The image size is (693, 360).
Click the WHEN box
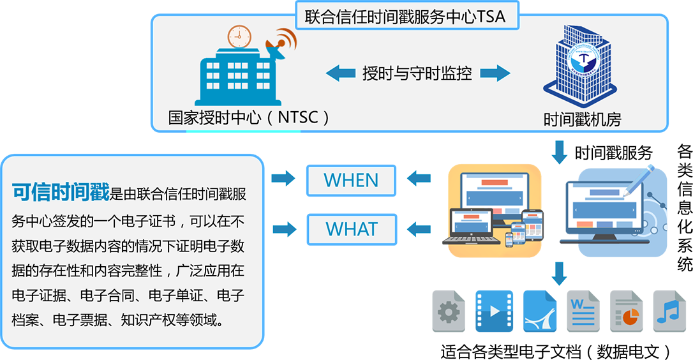point(352,181)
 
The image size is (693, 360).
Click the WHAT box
point(352,230)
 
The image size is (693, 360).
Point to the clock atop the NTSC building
point(239,36)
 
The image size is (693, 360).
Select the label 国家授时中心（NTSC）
point(249,117)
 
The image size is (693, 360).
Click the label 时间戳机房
point(582,119)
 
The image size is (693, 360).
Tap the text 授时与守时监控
point(417,73)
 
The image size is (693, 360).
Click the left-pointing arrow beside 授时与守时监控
point(340,73)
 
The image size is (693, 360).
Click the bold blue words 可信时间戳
point(61,192)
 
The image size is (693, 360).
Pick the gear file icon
point(449,311)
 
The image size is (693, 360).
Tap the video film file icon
point(494,311)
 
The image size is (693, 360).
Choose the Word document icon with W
point(583,311)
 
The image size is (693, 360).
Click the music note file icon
point(669,311)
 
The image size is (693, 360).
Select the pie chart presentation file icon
point(626,311)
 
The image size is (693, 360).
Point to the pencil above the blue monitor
point(638,181)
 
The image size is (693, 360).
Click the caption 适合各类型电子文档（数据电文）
point(556,352)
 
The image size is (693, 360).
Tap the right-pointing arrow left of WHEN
point(283,178)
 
